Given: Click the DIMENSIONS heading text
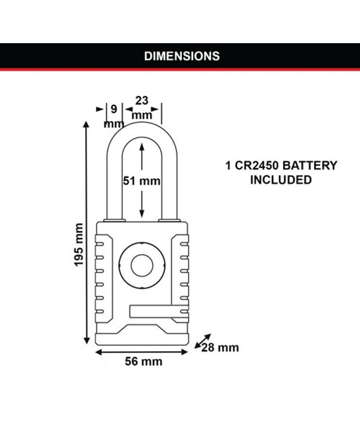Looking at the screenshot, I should click(x=182, y=56).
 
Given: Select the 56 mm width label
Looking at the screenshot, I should click(x=143, y=361).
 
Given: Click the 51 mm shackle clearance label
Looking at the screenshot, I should click(x=142, y=181).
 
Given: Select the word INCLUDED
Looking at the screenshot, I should click(x=281, y=180).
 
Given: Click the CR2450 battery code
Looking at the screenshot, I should click(x=257, y=165).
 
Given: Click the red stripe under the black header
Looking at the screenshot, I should click(x=180, y=69).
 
